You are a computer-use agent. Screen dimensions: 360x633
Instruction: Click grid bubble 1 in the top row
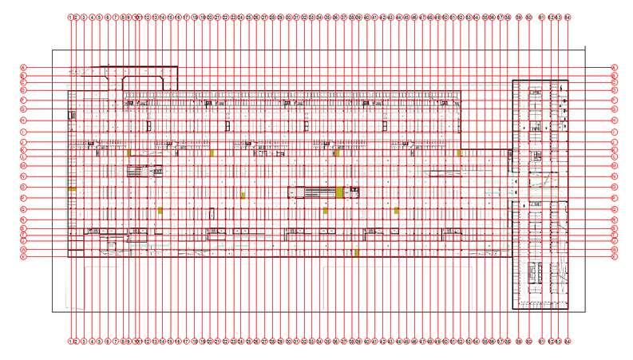(x=70, y=16)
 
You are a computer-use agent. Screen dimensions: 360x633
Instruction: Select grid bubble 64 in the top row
(x=568, y=16)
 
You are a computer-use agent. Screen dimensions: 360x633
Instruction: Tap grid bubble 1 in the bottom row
(x=70, y=341)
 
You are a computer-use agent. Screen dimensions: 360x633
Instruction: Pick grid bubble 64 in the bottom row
(x=568, y=341)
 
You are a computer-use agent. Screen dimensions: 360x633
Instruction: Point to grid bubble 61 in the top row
(x=542, y=16)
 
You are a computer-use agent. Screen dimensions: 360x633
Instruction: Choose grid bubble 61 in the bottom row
(x=542, y=341)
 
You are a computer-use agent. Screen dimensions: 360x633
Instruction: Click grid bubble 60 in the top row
(x=528, y=16)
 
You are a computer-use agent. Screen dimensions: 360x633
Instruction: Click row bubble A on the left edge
(x=24, y=67)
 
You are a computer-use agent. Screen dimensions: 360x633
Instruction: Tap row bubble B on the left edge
(x=24, y=75)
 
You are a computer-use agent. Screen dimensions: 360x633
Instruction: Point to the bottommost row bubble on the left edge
(x=24, y=257)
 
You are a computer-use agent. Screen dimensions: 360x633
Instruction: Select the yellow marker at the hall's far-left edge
(x=71, y=188)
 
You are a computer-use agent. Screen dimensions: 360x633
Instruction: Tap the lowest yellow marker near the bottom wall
(x=356, y=252)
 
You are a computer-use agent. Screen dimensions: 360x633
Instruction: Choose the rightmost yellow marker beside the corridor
(x=459, y=152)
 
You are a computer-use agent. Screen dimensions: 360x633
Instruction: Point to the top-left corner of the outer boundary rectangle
(x=53, y=50)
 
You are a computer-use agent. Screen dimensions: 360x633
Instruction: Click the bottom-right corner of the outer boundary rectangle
(x=584, y=312)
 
